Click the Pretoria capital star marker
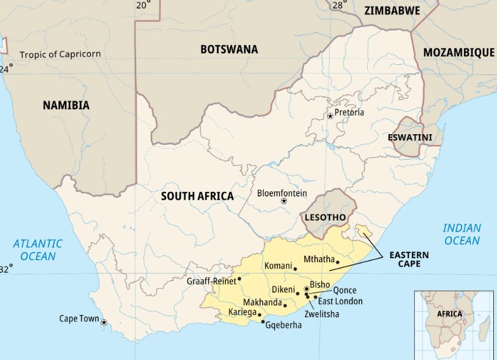tap(330, 116)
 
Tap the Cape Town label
tap(78, 319)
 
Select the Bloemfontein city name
tap(282, 193)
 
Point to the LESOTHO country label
tap(325, 218)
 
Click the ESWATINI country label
tap(410, 137)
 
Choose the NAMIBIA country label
tap(66, 106)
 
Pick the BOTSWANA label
tap(229, 49)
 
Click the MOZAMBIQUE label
tap(459, 52)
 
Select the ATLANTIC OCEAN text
tap(38, 249)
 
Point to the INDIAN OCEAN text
tap(462, 234)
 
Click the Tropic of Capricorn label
tap(60, 54)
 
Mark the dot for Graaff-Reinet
tap(240, 279)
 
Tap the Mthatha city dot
tap(338, 262)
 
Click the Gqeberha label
tap(284, 325)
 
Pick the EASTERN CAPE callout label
tap(405, 259)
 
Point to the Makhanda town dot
tap(285, 305)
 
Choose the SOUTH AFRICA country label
tap(197, 196)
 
